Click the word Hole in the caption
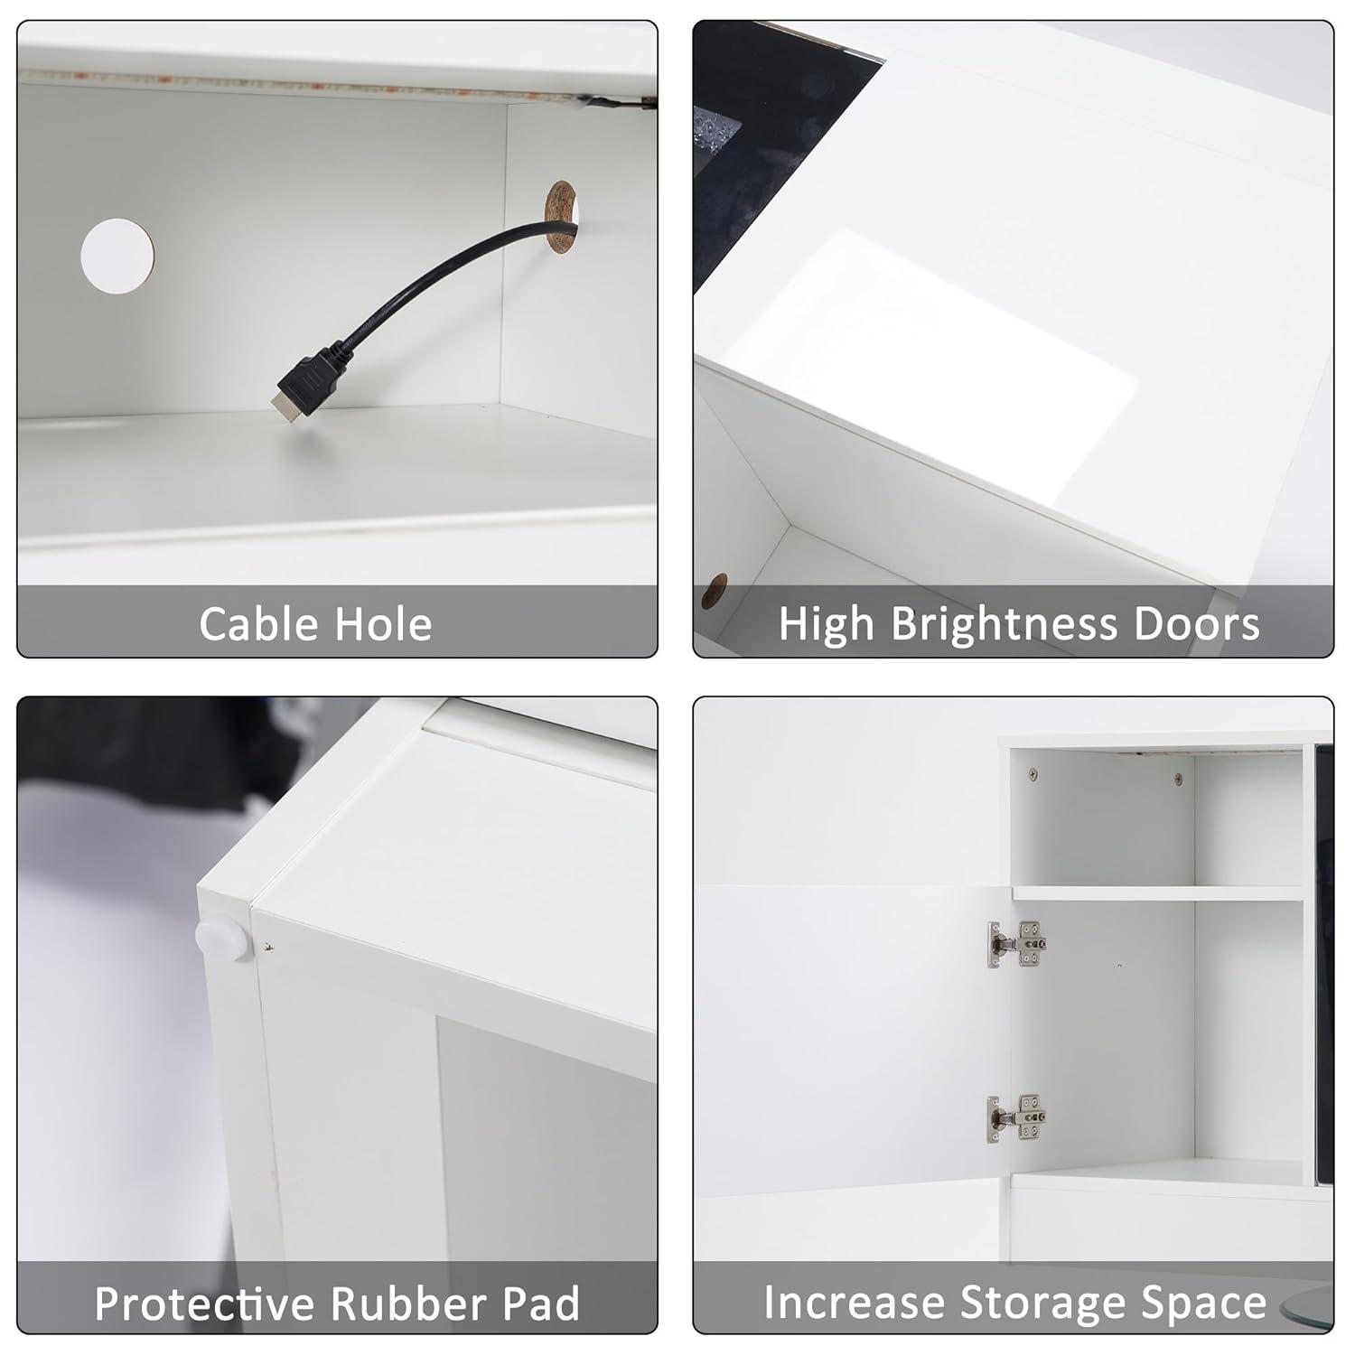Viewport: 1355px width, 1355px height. [x=383, y=624]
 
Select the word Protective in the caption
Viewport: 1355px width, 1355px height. [x=206, y=1304]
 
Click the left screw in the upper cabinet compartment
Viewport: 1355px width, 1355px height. [x=1033, y=773]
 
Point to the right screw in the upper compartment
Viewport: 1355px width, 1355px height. [x=1178, y=778]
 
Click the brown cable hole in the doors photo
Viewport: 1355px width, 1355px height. [x=715, y=591]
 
